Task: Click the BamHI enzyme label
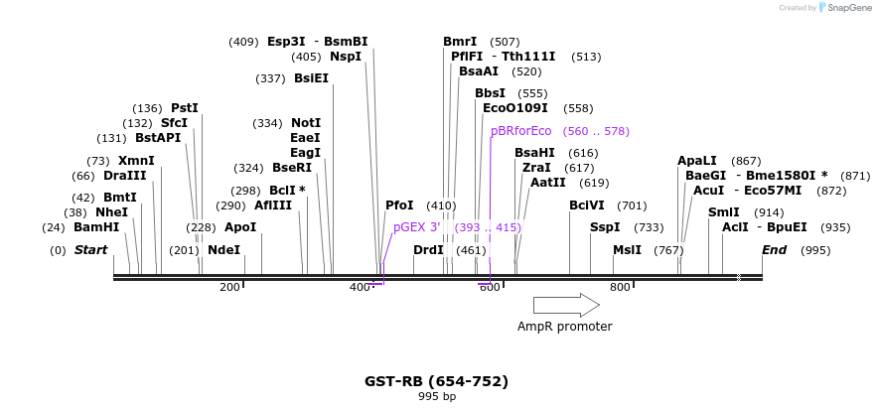click(96, 227)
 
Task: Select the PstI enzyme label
click(185, 108)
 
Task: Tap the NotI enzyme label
click(306, 123)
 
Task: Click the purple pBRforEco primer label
click(520, 131)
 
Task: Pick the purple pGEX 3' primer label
click(416, 227)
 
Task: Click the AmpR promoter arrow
click(566, 305)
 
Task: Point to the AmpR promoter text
click(564, 327)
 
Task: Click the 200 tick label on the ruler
click(229, 288)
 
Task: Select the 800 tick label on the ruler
click(620, 288)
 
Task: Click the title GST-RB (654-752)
click(436, 381)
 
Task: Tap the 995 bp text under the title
click(437, 397)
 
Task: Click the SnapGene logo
click(845, 8)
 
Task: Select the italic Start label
click(90, 250)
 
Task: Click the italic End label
click(774, 250)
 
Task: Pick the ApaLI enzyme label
click(696, 161)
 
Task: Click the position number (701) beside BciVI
click(632, 206)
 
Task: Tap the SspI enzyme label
click(605, 227)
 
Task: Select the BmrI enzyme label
click(460, 42)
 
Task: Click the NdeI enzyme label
click(223, 250)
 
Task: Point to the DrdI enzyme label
click(428, 250)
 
